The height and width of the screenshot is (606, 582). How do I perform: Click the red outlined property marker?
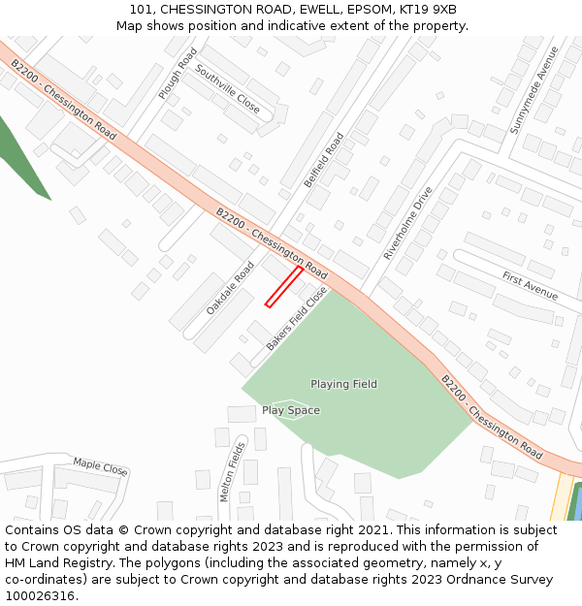click(284, 287)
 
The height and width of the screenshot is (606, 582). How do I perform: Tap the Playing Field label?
click(343, 385)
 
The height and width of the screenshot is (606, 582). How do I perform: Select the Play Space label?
click(290, 410)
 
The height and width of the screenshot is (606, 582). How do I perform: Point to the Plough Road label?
click(178, 73)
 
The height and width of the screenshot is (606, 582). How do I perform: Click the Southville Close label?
click(227, 89)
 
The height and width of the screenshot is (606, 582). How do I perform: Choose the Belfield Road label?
click(324, 160)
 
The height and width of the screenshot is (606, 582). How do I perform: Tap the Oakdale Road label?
click(230, 287)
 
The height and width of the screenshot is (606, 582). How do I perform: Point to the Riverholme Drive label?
click(407, 223)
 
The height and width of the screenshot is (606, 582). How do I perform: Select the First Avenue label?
click(530, 285)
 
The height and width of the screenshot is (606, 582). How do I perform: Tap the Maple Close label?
click(100, 466)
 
